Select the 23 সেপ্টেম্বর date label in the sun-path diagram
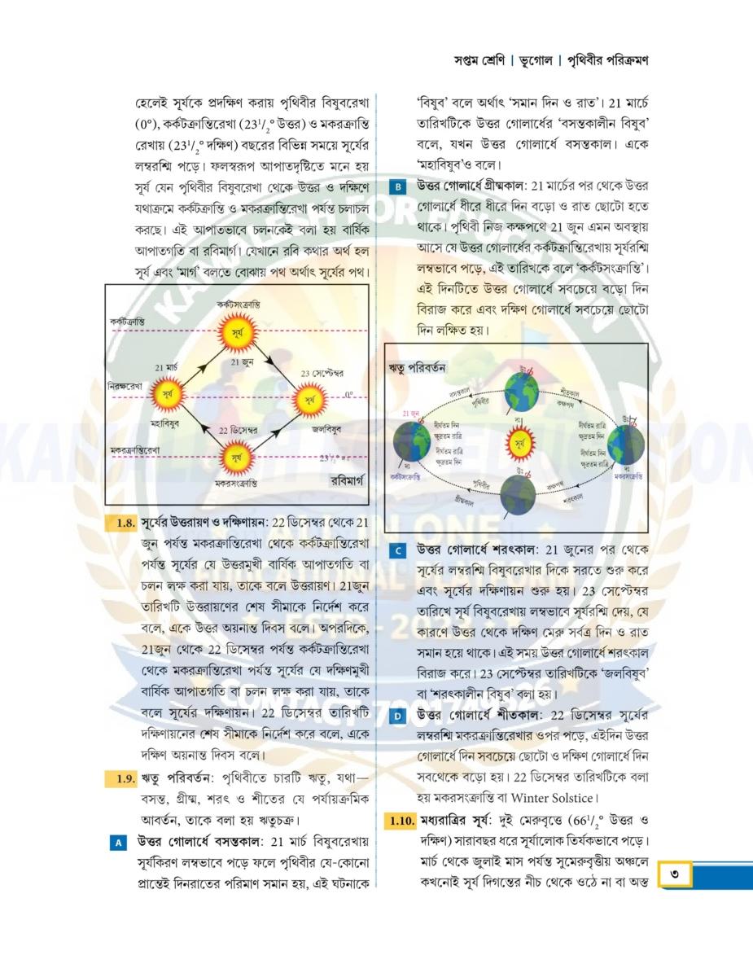pyautogui.click(x=317, y=374)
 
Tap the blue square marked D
pyautogui.click(x=397, y=716)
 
